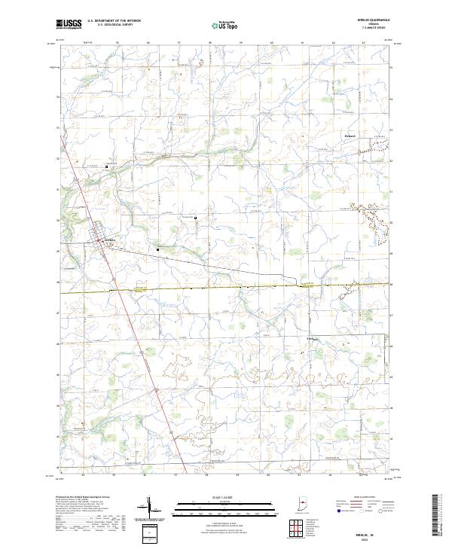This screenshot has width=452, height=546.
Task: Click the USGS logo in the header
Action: click(69, 24)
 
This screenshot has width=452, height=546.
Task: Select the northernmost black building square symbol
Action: click(106, 166)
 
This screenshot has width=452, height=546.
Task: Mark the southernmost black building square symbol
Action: click(158, 249)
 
